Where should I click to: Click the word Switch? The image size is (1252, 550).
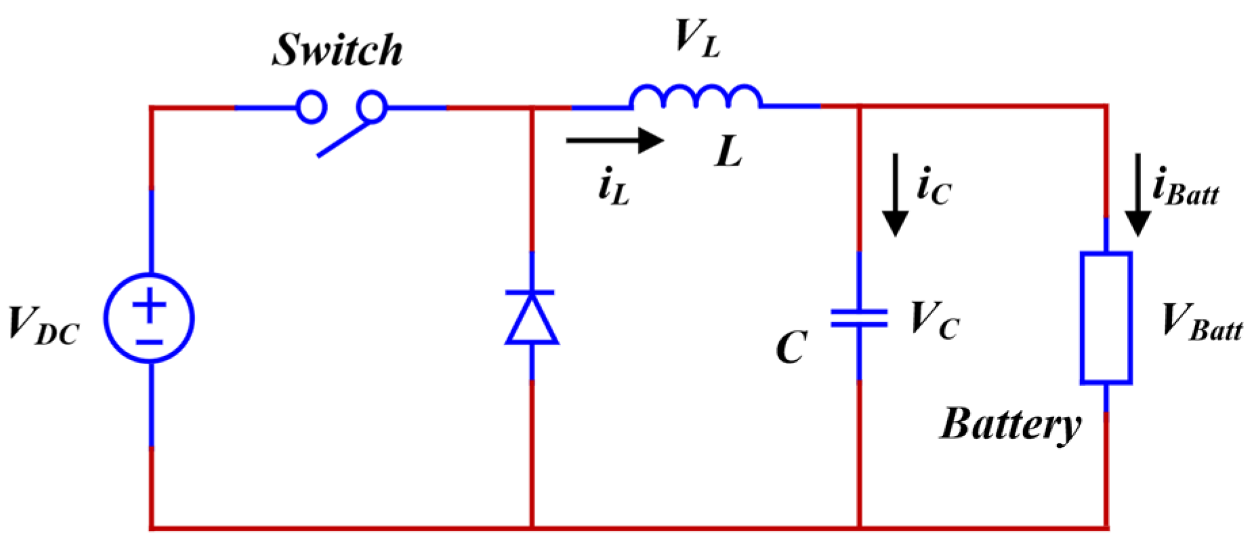(x=337, y=50)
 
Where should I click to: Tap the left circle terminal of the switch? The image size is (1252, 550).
(x=312, y=107)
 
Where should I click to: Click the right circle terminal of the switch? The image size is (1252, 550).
(x=372, y=106)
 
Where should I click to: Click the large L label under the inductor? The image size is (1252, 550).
(x=729, y=151)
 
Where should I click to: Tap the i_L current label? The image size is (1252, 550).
(x=614, y=188)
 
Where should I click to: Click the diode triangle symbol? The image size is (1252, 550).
(x=532, y=319)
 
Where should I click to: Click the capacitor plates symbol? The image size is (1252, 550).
(x=859, y=318)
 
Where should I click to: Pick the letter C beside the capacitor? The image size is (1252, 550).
(x=791, y=347)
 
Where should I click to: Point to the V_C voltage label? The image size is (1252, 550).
(x=934, y=319)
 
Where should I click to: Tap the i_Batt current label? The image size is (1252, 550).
(x=1185, y=188)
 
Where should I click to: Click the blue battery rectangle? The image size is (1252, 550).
(x=1106, y=318)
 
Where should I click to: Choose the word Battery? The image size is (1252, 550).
(x=1010, y=425)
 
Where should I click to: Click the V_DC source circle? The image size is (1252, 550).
(x=150, y=318)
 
